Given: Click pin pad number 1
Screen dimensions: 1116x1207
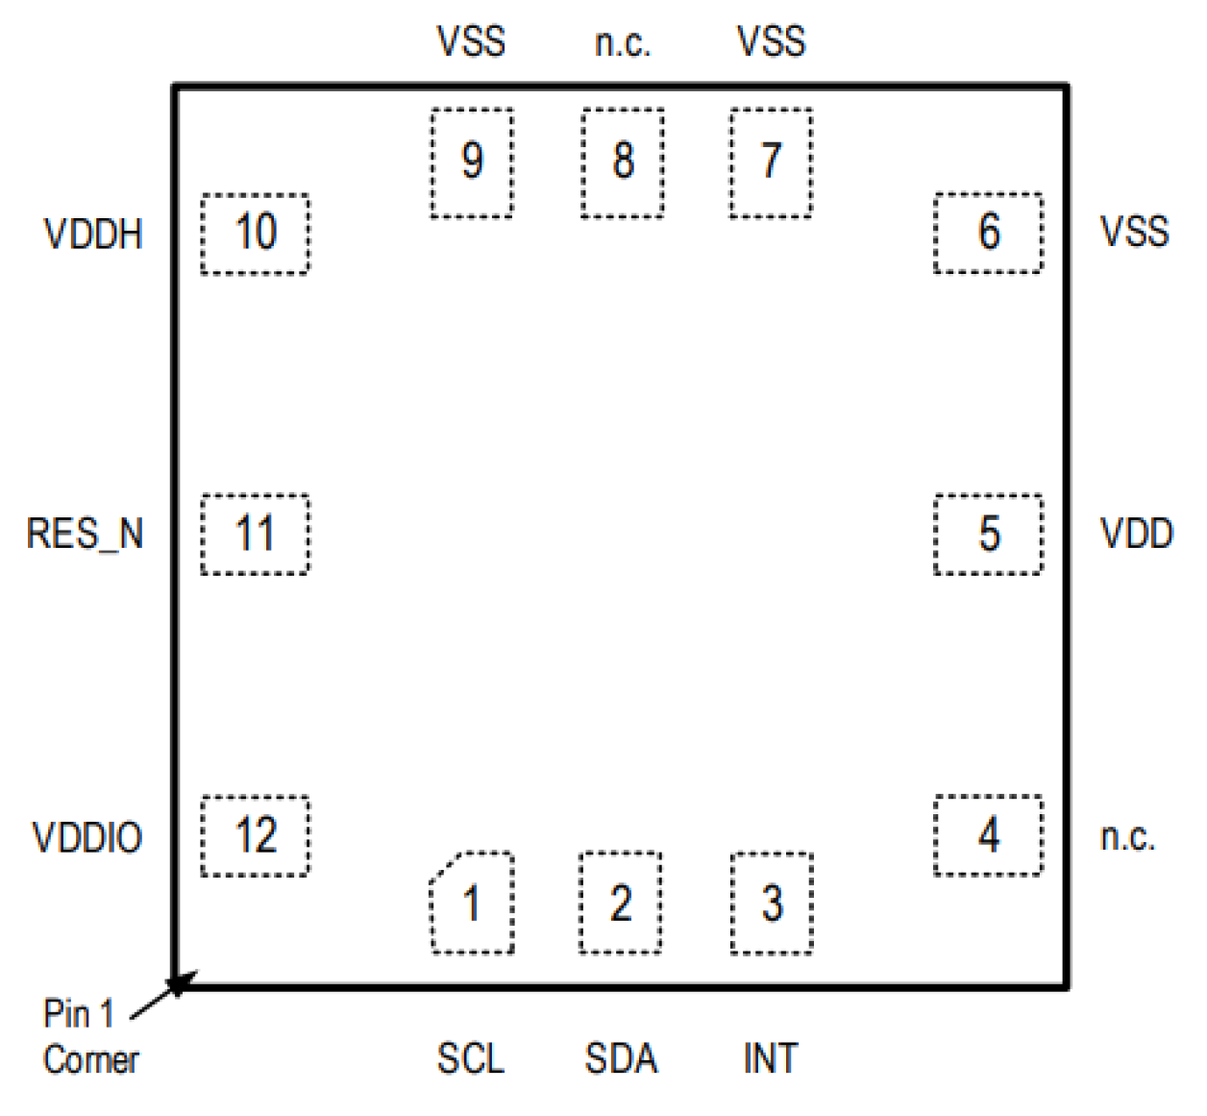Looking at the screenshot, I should (472, 903).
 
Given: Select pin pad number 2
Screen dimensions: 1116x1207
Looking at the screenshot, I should (621, 903).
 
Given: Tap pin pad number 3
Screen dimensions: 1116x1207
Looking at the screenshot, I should (772, 904).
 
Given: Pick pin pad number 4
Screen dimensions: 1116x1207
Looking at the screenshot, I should (988, 835).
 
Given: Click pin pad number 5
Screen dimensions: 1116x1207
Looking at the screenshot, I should (988, 534).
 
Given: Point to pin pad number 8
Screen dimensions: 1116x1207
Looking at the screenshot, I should (623, 162).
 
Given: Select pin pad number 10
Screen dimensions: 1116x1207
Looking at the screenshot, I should (256, 234).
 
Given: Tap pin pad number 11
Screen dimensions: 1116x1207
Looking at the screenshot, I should (256, 534).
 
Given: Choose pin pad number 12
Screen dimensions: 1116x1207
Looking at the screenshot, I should (256, 836).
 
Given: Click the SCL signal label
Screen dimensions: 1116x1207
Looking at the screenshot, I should (470, 1058).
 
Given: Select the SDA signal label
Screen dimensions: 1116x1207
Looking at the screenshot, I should (621, 1058).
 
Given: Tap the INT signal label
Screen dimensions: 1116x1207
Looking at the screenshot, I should (771, 1058).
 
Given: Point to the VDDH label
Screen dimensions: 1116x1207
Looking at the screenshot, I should (93, 235).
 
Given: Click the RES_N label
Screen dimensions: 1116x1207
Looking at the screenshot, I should (85, 534).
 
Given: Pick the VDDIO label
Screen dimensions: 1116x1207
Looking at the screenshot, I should (87, 837).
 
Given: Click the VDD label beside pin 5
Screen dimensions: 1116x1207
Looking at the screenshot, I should (1136, 534).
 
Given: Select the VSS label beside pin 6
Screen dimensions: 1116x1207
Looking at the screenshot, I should (1134, 233).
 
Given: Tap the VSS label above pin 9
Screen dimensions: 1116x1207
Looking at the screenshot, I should (471, 42).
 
